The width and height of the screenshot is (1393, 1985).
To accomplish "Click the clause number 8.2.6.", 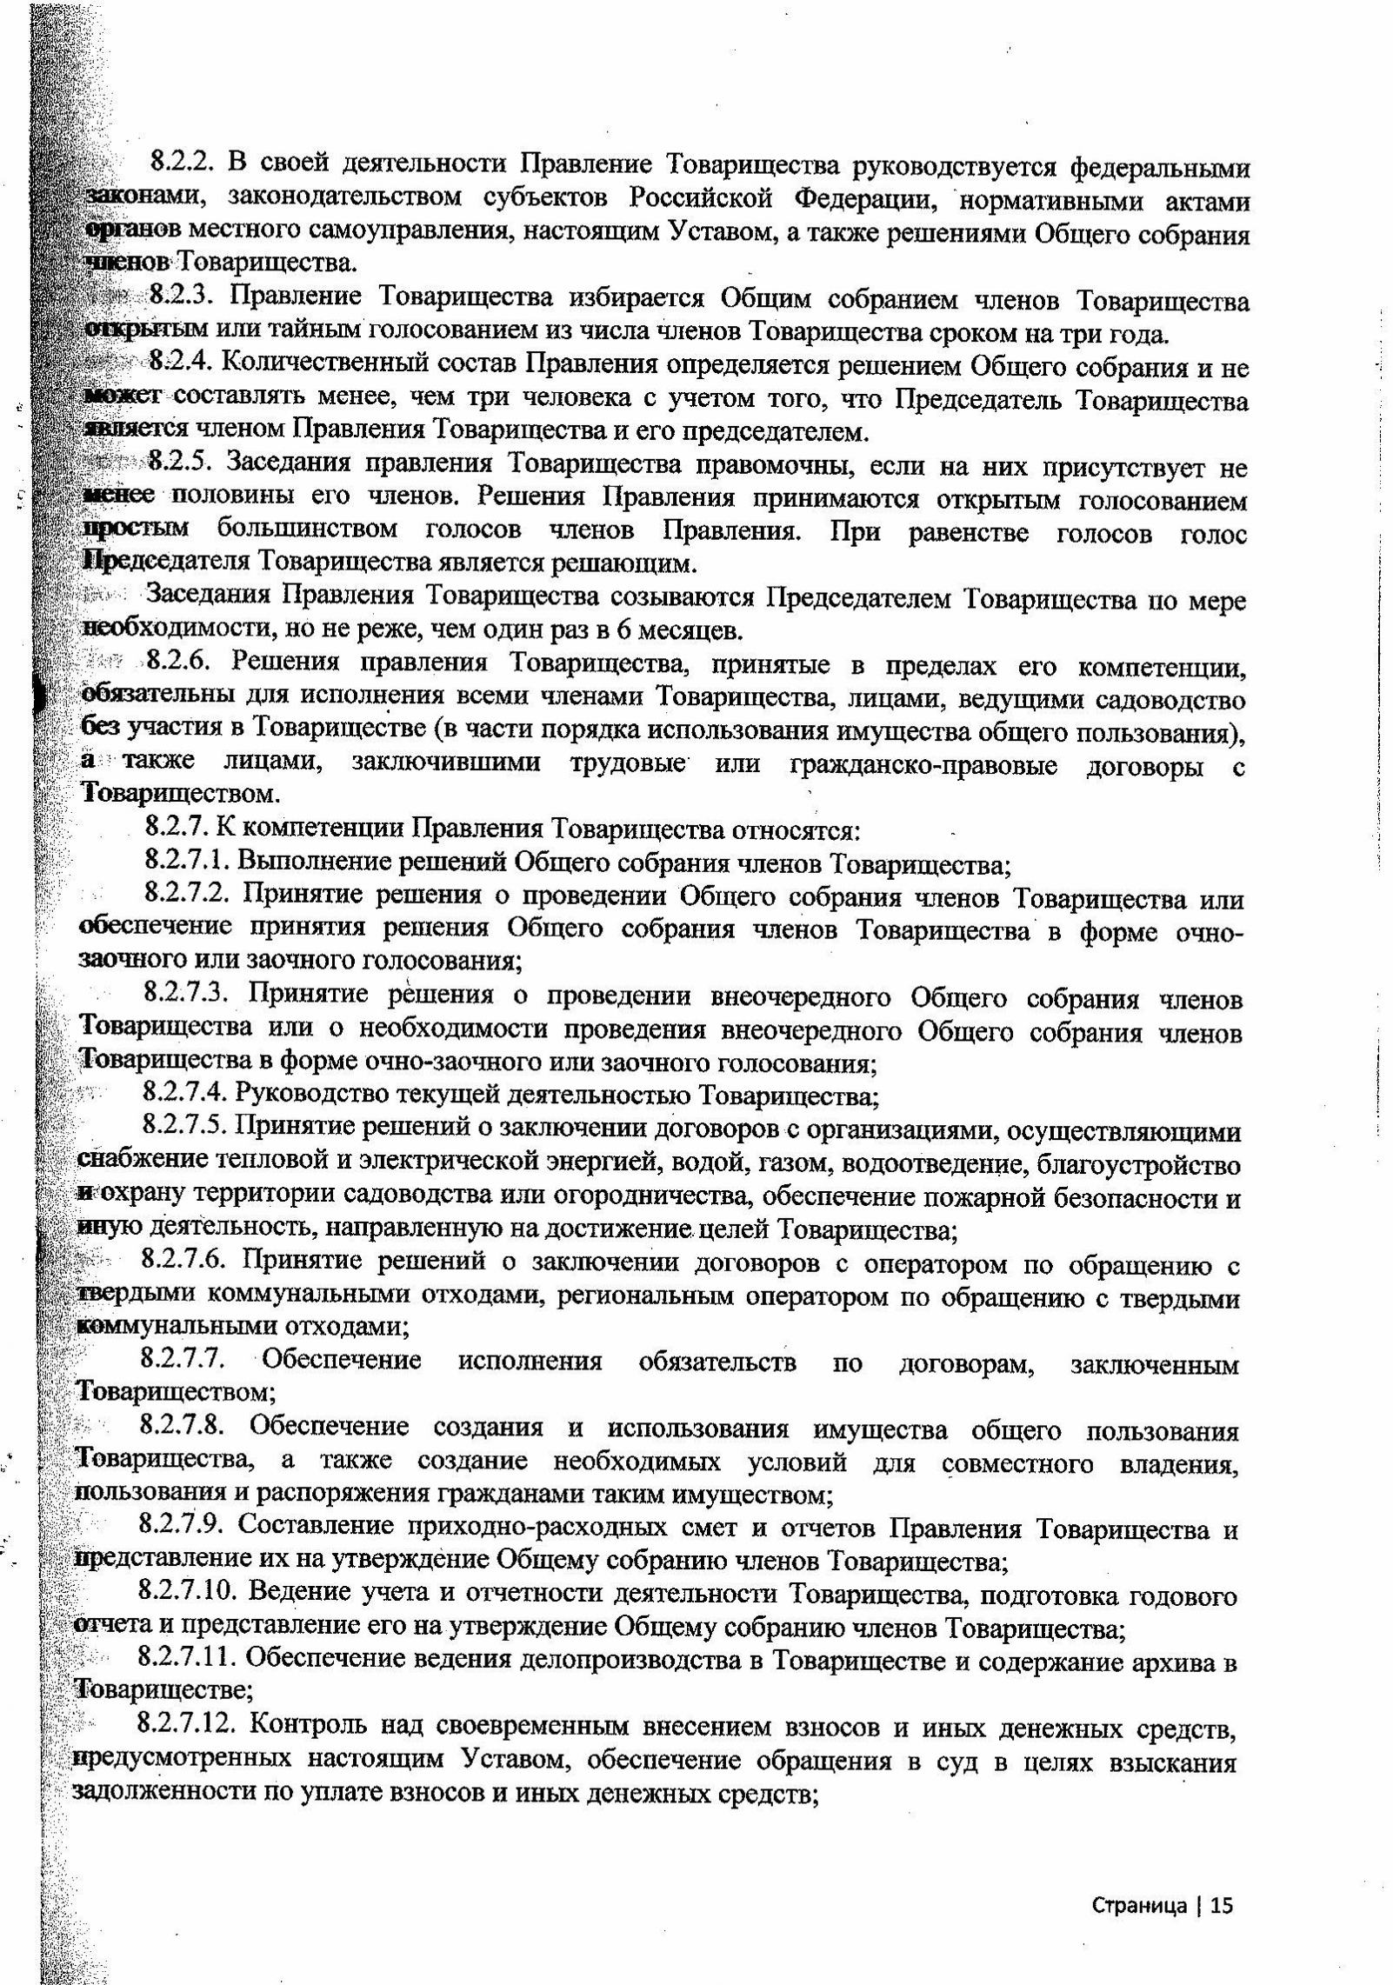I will pos(180,663).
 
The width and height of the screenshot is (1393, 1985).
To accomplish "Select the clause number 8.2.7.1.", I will pos(187,862).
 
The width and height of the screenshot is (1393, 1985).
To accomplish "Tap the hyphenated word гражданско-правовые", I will pos(924,766).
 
